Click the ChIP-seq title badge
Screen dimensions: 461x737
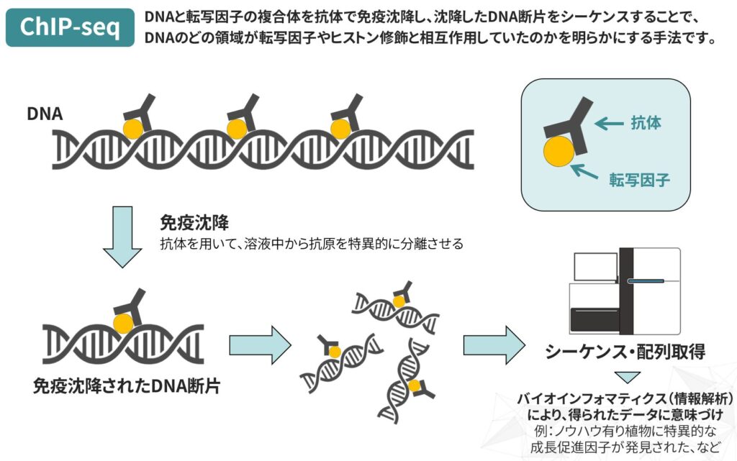pyautogui.click(x=70, y=27)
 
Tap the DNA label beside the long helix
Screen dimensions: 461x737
pyautogui.click(x=45, y=114)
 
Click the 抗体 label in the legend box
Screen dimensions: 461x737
pyautogui.click(x=645, y=124)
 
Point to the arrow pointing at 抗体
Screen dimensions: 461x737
pyautogui.click(x=609, y=124)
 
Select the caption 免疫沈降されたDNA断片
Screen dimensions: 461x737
pyautogui.click(x=127, y=385)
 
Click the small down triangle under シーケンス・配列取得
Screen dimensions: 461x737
pyautogui.click(x=626, y=377)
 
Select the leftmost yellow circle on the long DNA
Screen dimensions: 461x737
pyautogui.click(x=132, y=128)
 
